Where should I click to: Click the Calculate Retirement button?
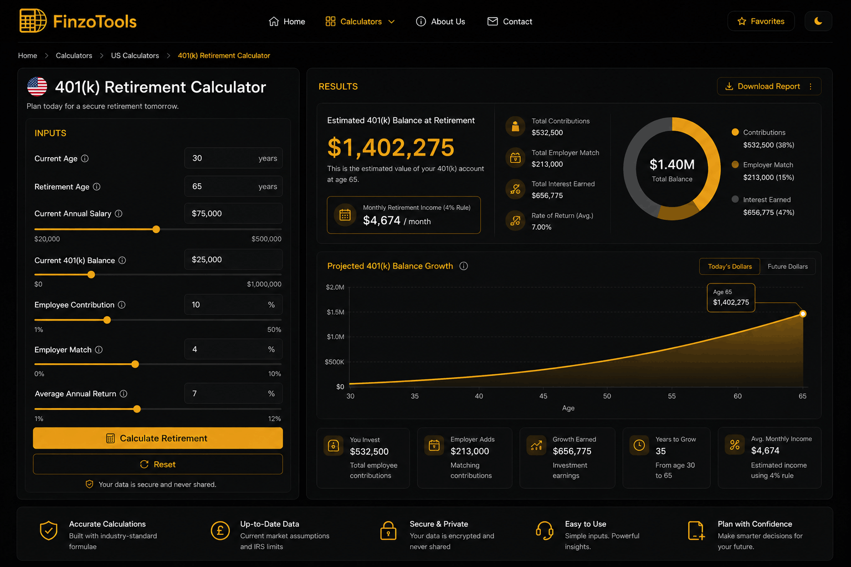click(158, 438)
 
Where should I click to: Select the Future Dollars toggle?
click(787, 266)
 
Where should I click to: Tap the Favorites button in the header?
click(761, 21)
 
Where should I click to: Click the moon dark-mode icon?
click(818, 21)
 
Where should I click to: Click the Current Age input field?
click(233, 158)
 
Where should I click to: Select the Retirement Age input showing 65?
click(233, 186)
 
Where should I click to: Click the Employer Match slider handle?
click(135, 364)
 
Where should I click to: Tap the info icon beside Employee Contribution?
click(121, 305)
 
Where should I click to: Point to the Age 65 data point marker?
click(803, 314)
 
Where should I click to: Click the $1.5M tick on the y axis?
click(335, 312)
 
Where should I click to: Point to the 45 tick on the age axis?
click(544, 396)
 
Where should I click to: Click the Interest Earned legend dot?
click(735, 199)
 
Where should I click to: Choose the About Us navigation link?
click(440, 21)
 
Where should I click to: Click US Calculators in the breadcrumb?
click(135, 55)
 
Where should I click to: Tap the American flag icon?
click(37, 86)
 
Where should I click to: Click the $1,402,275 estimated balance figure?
click(391, 147)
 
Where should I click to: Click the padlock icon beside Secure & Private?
click(388, 530)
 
